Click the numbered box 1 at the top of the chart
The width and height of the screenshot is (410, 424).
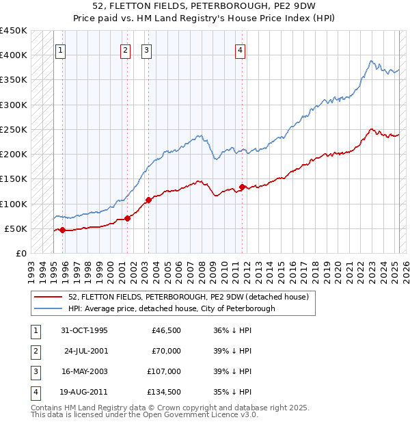61,49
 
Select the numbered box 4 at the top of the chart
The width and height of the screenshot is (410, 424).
241,49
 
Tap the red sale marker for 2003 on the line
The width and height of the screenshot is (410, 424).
148,200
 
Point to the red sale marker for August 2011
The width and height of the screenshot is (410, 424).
242,187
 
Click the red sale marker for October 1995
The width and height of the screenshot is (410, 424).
62,230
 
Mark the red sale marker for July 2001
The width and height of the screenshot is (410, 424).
127,219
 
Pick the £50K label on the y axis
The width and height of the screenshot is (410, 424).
16,228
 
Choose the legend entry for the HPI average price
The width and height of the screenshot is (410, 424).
171,308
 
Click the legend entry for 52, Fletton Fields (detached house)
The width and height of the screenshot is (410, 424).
189,297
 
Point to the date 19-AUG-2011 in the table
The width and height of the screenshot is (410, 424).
84,392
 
